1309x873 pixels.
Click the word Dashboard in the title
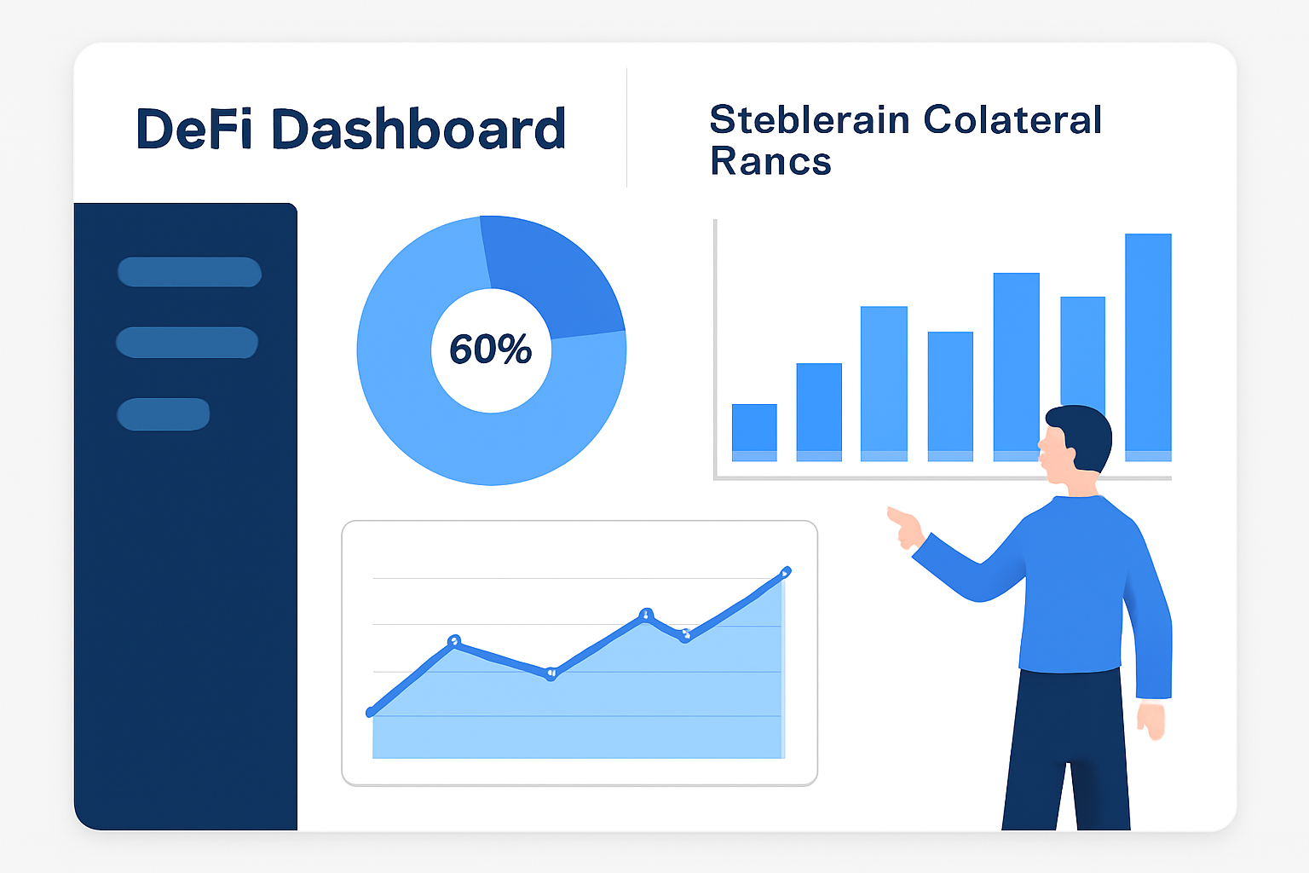(x=418, y=130)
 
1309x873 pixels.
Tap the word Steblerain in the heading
(x=809, y=120)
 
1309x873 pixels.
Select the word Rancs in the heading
(x=770, y=162)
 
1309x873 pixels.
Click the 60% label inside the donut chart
(x=491, y=350)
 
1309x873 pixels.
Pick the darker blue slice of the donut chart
(x=554, y=273)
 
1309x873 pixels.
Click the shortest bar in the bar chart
(x=754, y=431)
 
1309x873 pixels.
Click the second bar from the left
(x=819, y=411)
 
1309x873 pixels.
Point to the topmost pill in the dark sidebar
(x=189, y=272)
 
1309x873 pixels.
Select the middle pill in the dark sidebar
(x=187, y=342)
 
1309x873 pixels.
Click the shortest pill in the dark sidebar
(x=163, y=414)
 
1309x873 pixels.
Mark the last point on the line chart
(x=786, y=571)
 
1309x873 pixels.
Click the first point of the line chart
(x=371, y=712)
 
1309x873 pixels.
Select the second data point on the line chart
(x=454, y=640)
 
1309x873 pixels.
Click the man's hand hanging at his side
(x=1151, y=720)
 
